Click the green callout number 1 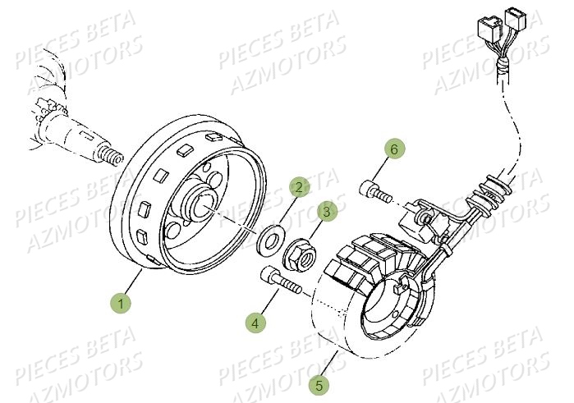122,305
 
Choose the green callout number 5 319,382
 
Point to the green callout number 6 394,149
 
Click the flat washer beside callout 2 269,242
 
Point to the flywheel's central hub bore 204,201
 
